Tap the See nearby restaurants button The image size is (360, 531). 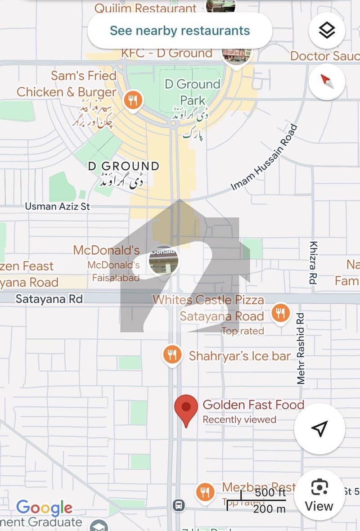(x=180, y=31)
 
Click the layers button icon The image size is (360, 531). (x=327, y=31)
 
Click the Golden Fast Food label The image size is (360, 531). (x=253, y=405)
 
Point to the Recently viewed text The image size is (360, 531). (x=239, y=419)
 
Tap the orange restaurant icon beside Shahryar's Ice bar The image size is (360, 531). (x=171, y=355)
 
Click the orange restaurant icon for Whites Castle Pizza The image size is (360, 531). (x=280, y=313)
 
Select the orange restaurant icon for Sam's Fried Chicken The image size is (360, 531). (x=132, y=100)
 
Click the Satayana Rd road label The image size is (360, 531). (x=49, y=299)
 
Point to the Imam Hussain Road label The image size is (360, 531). (x=265, y=157)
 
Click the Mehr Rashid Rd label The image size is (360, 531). (x=301, y=348)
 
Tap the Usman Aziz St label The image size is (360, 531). (x=57, y=207)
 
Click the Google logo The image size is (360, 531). (x=44, y=508)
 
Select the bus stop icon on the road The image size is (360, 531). (x=179, y=505)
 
